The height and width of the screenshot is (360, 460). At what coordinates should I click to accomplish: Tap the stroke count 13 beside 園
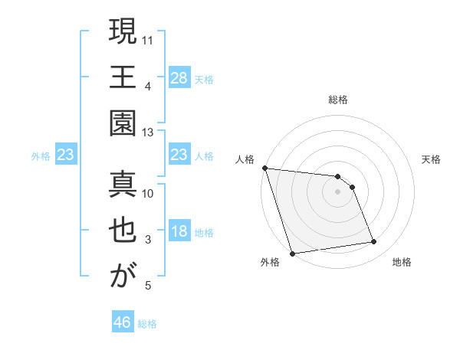(149, 133)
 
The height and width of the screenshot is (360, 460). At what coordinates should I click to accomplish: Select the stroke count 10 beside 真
(149, 193)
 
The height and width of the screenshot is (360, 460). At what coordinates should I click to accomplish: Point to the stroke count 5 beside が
(148, 286)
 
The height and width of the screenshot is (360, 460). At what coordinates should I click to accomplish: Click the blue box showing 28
(179, 78)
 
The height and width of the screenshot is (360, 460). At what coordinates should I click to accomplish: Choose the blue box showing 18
(179, 232)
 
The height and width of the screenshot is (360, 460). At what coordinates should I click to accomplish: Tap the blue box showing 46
(123, 322)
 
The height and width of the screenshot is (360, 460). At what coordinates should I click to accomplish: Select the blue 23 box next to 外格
(66, 155)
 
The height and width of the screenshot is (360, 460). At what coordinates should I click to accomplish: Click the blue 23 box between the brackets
(179, 155)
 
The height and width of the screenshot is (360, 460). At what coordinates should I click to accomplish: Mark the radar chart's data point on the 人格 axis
(264, 168)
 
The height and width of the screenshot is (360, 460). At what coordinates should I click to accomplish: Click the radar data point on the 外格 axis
(292, 253)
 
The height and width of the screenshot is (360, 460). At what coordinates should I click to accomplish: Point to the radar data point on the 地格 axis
(374, 242)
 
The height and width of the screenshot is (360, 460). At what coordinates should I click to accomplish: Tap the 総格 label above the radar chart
(338, 100)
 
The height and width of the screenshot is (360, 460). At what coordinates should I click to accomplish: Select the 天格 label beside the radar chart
(432, 159)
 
